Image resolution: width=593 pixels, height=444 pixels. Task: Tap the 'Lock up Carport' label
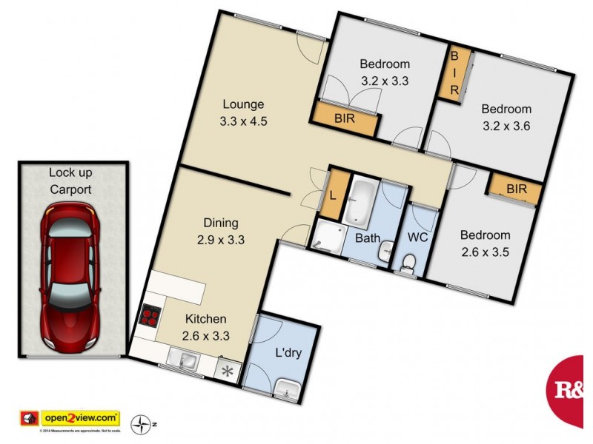pos(70,181)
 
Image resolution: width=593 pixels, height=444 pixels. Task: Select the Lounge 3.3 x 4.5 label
pos(243,112)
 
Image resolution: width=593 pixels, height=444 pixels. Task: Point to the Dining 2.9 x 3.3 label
pos(220,231)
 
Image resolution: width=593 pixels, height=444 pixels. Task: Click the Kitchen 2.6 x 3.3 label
pos(205,327)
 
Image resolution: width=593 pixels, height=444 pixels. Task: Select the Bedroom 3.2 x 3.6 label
pos(506,116)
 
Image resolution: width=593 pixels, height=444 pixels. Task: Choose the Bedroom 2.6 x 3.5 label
pos(486,243)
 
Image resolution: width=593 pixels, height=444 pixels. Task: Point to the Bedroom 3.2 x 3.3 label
pos(385,72)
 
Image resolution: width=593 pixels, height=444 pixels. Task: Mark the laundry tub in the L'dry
pos(286,388)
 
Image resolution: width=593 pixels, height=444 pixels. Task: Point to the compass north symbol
pos(140,425)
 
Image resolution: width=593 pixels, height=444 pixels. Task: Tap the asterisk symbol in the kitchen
pos(227,368)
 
